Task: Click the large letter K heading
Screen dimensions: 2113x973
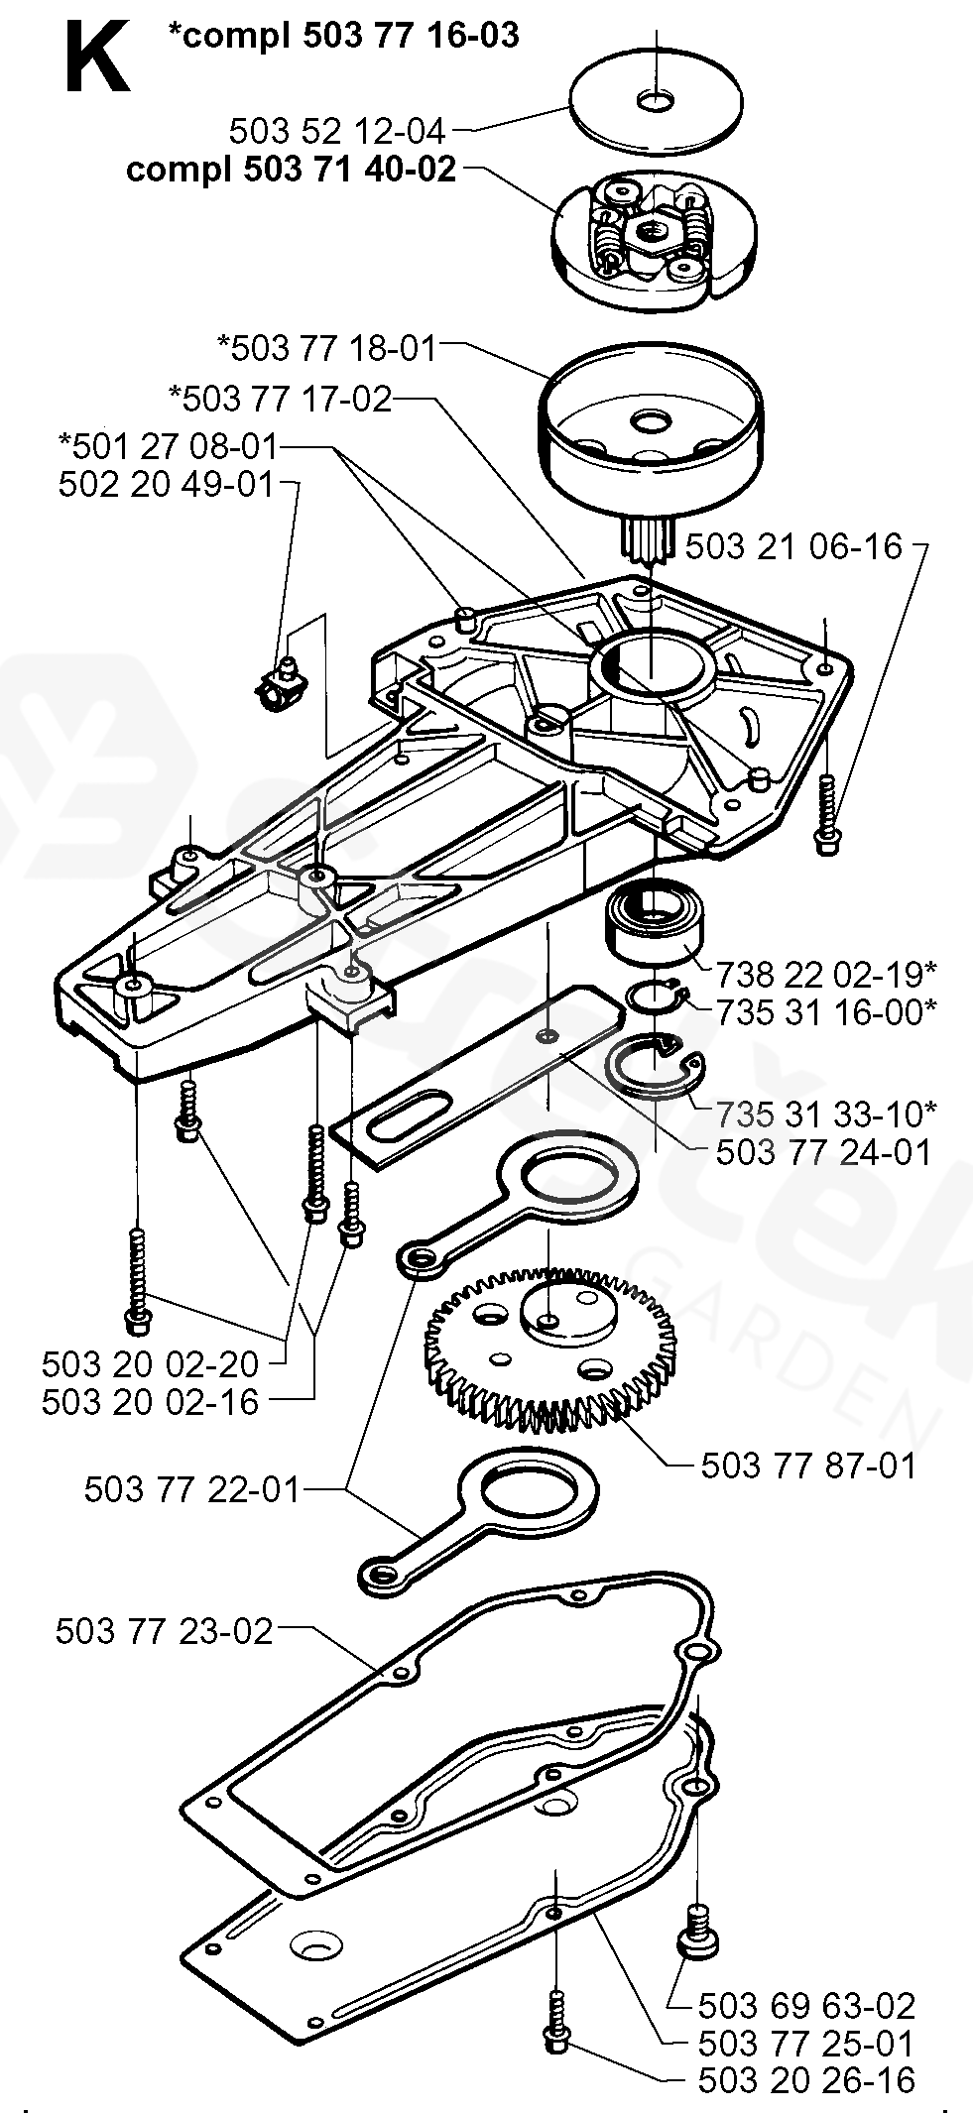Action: pyautogui.click(x=96, y=60)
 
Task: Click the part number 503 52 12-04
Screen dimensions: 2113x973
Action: pyautogui.click(x=337, y=131)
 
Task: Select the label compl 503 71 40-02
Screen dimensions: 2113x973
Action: pyautogui.click(x=292, y=170)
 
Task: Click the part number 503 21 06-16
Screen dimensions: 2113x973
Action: pyautogui.click(x=794, y=546)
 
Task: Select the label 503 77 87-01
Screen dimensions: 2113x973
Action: pyautogui.click(x=808, y=1466)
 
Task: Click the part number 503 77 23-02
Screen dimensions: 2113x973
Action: pyautogui.click(x=164, y=1630)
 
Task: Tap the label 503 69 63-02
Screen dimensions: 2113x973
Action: pyautogui.click(x=806, y=2005)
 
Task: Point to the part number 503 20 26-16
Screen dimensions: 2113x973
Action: pyautogui.click(x=806, y=2079)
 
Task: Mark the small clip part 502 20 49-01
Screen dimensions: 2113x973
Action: pyautogui.click(x=282, y=683)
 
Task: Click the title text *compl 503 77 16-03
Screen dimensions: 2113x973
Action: pyautogui.click(x=343, y=36)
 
